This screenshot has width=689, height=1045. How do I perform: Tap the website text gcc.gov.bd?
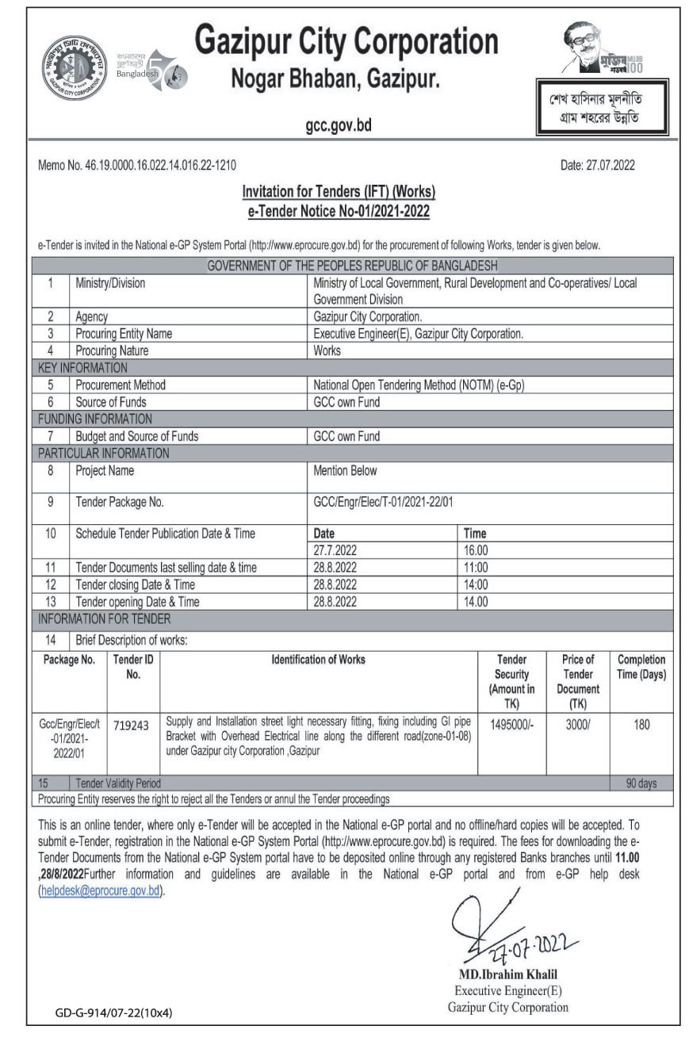pyautogui.click(x=339, y=125)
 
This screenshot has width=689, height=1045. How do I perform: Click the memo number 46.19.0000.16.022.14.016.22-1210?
pyautogui.click(x=136, y=166)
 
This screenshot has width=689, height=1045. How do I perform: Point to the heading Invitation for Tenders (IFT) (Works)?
pyautogui.click(x=339, y=191)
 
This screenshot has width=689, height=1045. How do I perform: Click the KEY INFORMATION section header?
pyautogui.click(x=82, y=368)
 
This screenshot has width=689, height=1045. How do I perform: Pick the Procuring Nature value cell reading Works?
pyautogui.click(x=327, y=350)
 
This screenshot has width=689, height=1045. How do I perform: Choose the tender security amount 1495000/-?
pyautogui.click(x=511, y=723)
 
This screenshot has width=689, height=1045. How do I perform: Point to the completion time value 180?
pyautogui.click(x=641, y=723)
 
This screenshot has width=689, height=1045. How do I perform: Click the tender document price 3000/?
pyautogui.click(x=577, y=723)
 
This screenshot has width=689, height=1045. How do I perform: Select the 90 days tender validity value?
pyautogui.click(x=641, y=783)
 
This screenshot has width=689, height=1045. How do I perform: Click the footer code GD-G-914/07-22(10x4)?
pyautogui.click(x=114, y=1012)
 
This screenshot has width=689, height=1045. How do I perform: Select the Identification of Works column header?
pyautogui.click(x=319, y=660)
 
